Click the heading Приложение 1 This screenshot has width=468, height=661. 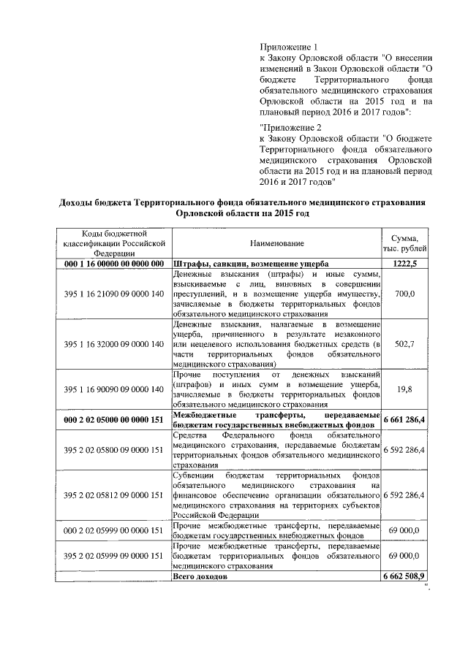coord(290,47)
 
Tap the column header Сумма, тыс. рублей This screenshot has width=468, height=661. coord(404,242)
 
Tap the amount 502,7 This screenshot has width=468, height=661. coord(404,343)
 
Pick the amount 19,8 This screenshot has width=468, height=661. coord(404,389)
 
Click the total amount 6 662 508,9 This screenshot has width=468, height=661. coord(404,576)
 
